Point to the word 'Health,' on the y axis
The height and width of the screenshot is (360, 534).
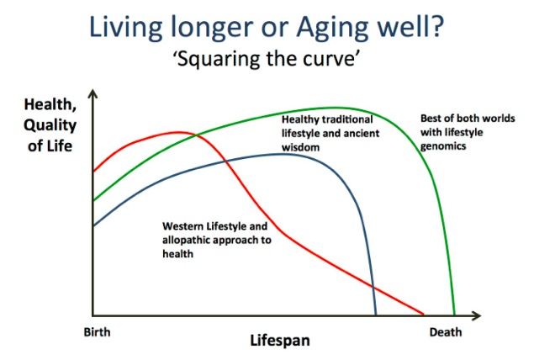pyautogui.click(x=50, y=104)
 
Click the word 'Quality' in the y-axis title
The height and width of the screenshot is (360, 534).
pyautogui.click(x=50, y=125)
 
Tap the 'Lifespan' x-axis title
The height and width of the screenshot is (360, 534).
pyautogui.click(x=280, y=341)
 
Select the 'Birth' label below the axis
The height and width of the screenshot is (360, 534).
pyautogui.click(x=97, y=332)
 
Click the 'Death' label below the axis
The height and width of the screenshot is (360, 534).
pyautogui.click(x=446, y=332)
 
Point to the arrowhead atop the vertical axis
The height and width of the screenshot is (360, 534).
pyautogui.click(x=93, y=93)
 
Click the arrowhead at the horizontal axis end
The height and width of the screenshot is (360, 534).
pyautogui.click(x=476, y=315)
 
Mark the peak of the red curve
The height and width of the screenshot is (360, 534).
pyautogui.click(x=177, y=132)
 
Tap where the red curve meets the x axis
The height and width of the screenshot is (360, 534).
pyautogui.click(x=423, y=314)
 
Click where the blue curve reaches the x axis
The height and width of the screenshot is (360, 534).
pyautogui.click(x=376, y=314)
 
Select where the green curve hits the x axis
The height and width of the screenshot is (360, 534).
pyautogui.click(x=454, y=314)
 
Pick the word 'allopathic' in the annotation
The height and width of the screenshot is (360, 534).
pyautogui.click(x=184, y=241)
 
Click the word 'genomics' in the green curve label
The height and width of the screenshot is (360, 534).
pyautogui.click(x=443, y=146)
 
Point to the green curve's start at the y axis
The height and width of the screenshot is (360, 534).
pyautogui.click(x=93, y=200)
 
